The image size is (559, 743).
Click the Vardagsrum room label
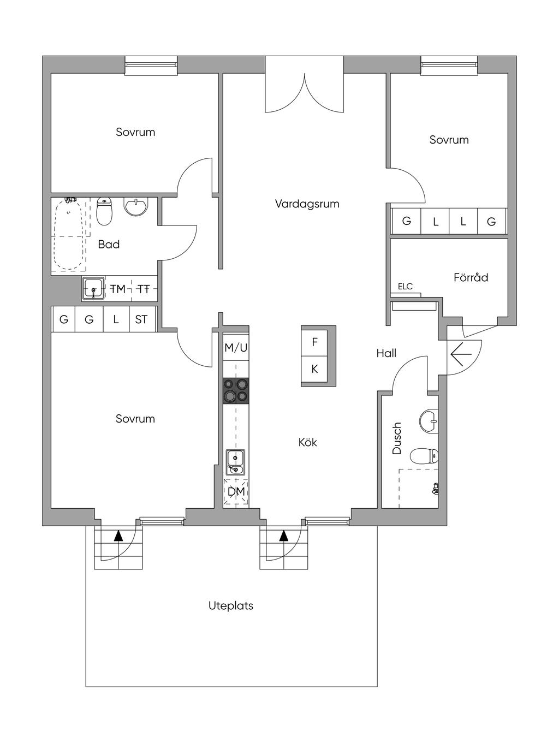pyautogui.click(x=307, y=204)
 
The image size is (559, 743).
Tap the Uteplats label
pyautogui.click(x=231, y=606)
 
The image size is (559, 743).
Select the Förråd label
pyautogui.click(x=471, y=277)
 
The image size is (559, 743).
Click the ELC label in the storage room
pyautogui.click(x=405, y=287)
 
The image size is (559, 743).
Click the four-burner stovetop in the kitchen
pyautogui.click(x=236, y=391)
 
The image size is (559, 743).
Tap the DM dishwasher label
pyautogui.click(x=236, y=492)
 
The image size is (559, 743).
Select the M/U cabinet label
pyautogui.click(x=236, y=348)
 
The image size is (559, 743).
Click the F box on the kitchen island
pyautogui.click(x=314, y=343)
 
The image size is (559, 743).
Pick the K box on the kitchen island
pyautogui.click(x=314, y=369)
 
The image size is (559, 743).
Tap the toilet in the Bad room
pyautogui.click(x=104, y=211)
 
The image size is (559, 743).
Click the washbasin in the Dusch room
pyautogui.click(x=429, y=421)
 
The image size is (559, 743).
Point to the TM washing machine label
pyautogui.click(x=118, y=289)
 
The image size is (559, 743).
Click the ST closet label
pyautogui.click(x=141, y=319)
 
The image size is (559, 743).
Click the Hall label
pyautogui.click(x=386, y=354)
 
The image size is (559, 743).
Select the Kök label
pyautogui.click(x=307, y=442)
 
